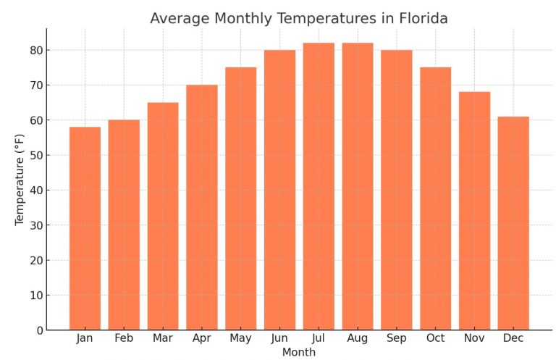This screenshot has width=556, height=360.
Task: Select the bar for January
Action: point(85,228)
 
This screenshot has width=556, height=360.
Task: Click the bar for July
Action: point(319,186)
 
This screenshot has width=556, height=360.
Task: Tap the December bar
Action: point(513,223)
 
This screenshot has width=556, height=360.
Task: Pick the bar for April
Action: point(202,207)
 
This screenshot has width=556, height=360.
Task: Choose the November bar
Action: point(474,211)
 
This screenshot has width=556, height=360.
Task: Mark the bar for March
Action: point(163,216)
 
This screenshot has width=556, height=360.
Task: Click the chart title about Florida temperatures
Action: point(298,19)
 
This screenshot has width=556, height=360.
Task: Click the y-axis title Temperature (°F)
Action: point(20,179)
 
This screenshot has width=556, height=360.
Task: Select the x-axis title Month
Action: point(298,353)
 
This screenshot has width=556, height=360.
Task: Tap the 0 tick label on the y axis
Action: point(39,330)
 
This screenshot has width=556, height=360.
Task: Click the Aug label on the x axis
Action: point(358,338)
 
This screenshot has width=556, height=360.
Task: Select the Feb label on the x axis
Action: point(124,338)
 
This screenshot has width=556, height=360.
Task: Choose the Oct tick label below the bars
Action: point(435,338)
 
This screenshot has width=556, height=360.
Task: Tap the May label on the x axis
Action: point(240,338)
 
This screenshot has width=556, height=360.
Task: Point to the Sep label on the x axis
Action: point(396,338)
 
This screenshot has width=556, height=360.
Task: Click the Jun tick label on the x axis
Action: point(279,338)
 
